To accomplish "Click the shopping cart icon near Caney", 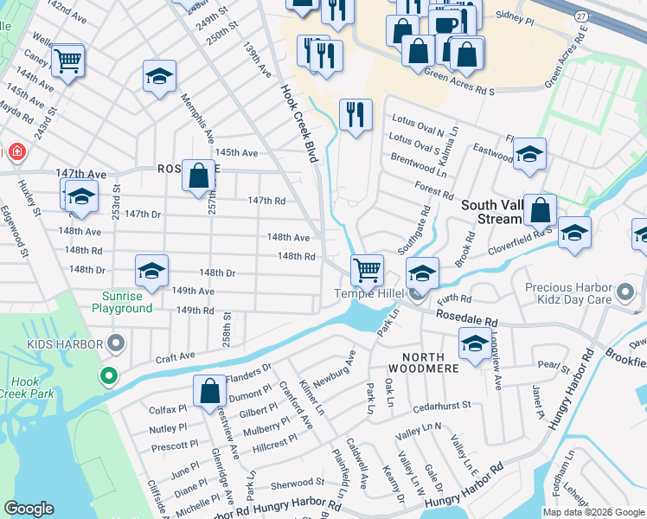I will (x=67, y=61).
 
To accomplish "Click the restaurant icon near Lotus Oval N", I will (x=356, y=115).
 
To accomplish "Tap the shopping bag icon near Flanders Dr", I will (x=210, y=391).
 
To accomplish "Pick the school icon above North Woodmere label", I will (x=475, y=343).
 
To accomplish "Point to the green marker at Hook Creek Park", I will (x=108, y=376).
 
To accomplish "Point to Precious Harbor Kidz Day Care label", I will (x=563, y=293).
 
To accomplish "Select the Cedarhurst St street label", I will (x=441, y=404).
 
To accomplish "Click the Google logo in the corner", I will (x=29, y=509).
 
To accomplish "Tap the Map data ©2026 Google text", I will (x=593, y=512).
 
